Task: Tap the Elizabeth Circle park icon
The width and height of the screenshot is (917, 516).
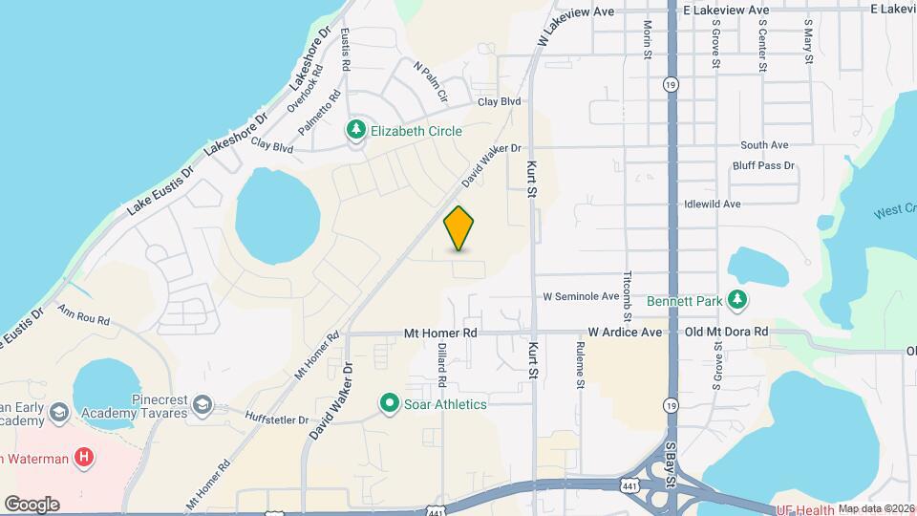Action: coord(356,129)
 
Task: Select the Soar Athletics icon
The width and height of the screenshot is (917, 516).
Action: coord(389,404)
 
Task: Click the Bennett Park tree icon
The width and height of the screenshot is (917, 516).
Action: coord(736,300)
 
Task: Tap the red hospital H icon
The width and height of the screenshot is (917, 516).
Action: coord(85,458)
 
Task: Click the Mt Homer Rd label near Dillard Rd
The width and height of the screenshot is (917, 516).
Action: coord(440,333)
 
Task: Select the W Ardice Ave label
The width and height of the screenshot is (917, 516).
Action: coord(625,333)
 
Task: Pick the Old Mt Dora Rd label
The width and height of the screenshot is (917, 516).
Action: coord(727,333)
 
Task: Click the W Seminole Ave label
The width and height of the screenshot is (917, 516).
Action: coord(582,295)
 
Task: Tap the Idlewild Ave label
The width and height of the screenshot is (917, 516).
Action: coord(713,204)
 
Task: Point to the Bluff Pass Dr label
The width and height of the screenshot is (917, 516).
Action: coord(763,166)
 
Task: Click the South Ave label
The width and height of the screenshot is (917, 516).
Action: coord(764,145)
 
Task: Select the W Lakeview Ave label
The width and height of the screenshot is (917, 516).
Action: coord(575,22)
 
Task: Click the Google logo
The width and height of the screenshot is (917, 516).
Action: coord(32,505)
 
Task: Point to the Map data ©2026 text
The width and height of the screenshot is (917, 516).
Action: coord(876,508)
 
